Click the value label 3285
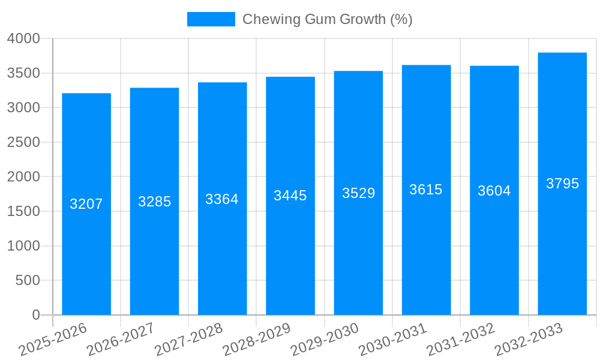click(154, 202)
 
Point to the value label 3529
click(358, 193)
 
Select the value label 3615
click(426, 190)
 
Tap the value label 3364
click(222, 199)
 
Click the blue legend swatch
click(211, 19)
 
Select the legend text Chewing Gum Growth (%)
click(327, 19)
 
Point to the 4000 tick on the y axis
click(23, 38)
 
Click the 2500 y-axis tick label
click(23, 142)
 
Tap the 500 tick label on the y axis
click(28, 280)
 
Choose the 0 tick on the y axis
click(35, 315)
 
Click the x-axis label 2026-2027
click(121, 340)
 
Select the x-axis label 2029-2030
click(325, 340)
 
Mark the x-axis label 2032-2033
click(529, 340)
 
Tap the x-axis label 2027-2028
click(188, 340)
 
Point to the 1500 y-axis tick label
click(23, 211)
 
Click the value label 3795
click(562, 184)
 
